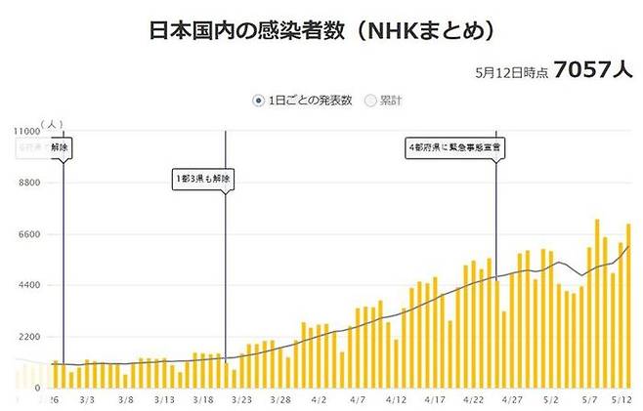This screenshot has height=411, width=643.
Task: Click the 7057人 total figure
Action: [592, 70]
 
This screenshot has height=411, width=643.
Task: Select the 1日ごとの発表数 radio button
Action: [258, 100]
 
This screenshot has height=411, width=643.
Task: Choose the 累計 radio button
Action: [370, 100]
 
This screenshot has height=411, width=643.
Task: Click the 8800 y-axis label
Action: [27, 183]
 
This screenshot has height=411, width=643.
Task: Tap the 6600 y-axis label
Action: [27, 234]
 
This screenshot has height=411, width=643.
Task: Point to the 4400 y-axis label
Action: [27, 285]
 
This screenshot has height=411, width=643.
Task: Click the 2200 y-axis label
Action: [27, 337]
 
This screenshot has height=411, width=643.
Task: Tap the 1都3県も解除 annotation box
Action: [204, 179]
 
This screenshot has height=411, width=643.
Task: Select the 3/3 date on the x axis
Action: [87, 400]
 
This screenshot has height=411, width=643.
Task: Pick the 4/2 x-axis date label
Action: [320, 400]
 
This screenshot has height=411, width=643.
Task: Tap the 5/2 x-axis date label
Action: [549, 400]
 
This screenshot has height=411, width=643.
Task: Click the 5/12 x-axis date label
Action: [624, 400]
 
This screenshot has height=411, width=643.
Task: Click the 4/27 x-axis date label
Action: [511, 400]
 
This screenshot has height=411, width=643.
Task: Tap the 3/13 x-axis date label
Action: [163, 400]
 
